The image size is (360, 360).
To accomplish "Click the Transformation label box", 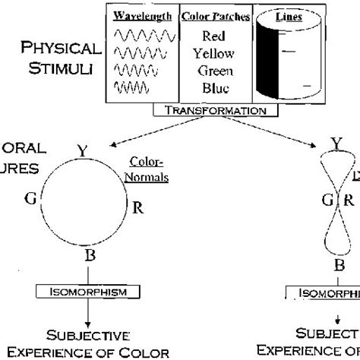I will (x=215, y=109).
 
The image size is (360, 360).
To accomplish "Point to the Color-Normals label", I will (x=148, y=170).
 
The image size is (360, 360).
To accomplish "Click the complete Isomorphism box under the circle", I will (x=89, y=291).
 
